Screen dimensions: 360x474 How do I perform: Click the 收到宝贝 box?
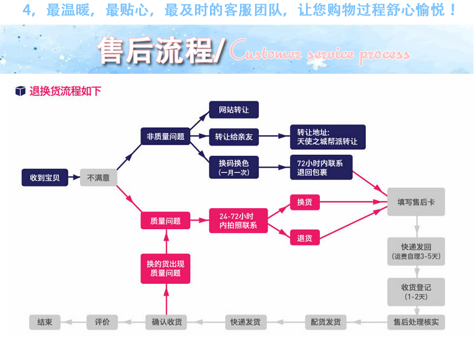click(45, 178)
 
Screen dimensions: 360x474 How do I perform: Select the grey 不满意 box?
click(98, 178)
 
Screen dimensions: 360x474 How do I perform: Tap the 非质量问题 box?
click(166, 136)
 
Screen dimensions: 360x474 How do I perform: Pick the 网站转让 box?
click(234, 110)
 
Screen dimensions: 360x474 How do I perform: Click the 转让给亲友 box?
click(234, 137)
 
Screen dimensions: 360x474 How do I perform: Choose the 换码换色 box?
click(234, 166)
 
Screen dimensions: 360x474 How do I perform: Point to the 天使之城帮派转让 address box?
click(328, 137)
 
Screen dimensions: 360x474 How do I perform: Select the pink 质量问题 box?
click(166, 220)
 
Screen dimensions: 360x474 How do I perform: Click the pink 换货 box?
click(305, 202)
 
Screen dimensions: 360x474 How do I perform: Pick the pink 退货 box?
click(305, 238)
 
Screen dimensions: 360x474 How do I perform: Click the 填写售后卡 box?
click(416, 202)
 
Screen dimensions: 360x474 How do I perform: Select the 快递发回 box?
click(416, 251)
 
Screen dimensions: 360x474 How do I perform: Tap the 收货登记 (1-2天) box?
click(416, 292)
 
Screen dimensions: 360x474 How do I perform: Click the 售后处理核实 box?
click(416, 322)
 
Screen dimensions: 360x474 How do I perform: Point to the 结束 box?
click(45, 322)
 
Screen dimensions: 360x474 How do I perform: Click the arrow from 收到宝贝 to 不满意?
click(74, 178)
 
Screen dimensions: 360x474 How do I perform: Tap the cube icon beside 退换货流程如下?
click(20, 91)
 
